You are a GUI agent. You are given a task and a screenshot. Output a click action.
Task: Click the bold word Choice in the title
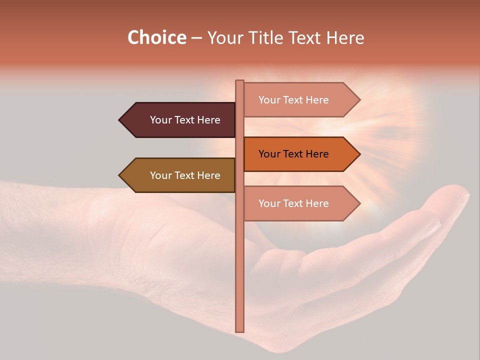(156, 37)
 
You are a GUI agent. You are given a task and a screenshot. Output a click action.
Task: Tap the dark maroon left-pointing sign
(180, 120)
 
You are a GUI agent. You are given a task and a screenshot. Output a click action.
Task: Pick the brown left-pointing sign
(180, 175)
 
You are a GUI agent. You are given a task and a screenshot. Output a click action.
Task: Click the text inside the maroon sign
(185, 120)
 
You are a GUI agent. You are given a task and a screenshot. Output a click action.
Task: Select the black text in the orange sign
(293, 154)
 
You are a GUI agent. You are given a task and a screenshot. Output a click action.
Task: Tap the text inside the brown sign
(185, 175)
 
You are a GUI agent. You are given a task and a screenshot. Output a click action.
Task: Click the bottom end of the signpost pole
(240, 330)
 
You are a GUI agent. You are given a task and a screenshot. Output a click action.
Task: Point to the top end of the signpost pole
(240, 81)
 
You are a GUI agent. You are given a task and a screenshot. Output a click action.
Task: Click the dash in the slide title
(196, 38)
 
